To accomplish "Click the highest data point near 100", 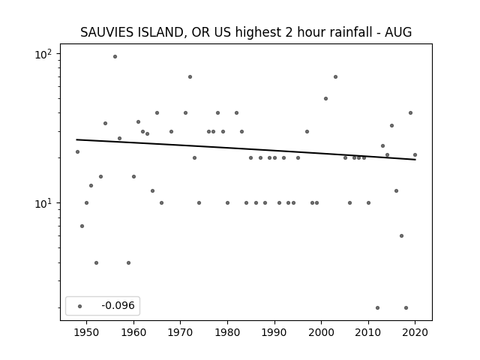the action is (115, 57).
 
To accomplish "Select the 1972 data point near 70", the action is (190, 76).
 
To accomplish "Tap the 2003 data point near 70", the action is (335, 76).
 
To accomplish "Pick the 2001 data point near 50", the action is (325, 98).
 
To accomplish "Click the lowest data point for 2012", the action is (377, 307).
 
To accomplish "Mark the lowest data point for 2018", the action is (406, 307).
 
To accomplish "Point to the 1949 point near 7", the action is (82, 226).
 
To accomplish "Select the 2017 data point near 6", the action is (402, 235).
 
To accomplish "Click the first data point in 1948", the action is (77, 151).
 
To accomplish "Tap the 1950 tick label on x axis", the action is (87, 332).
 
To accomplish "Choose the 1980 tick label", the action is (227, 332).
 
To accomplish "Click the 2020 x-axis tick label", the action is (415, 332).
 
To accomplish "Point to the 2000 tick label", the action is (322, 332).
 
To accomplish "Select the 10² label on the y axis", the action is (43, 55).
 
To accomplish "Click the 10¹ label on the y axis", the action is (43, 203).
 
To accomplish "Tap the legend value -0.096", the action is (118, 305).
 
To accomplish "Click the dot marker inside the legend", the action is (80, 306).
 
